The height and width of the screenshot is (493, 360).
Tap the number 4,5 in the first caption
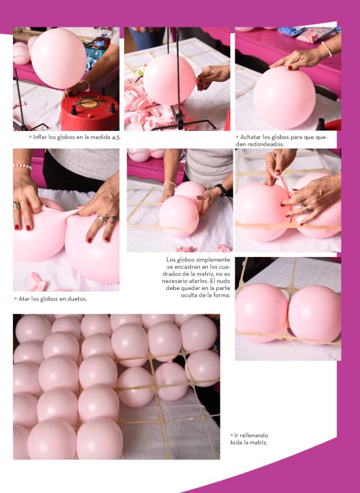[116, 137]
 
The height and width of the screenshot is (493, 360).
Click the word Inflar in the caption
[40, 137]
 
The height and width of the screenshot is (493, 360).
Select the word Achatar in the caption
[251, 137]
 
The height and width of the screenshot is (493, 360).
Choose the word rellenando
[254, 435]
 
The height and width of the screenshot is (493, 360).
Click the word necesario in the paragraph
[176, 281]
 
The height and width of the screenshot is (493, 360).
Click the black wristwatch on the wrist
[221, 190]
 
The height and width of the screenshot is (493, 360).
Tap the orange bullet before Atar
[16, 299]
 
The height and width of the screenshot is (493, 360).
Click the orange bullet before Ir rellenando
[232, 435]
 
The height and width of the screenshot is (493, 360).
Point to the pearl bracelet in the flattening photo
[326, 48]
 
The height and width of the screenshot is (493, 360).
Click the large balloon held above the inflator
[59, 58]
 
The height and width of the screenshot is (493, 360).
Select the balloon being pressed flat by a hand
[284, 97]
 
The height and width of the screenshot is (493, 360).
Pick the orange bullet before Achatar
[237, 137]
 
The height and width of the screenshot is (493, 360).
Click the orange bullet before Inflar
[30, 137]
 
